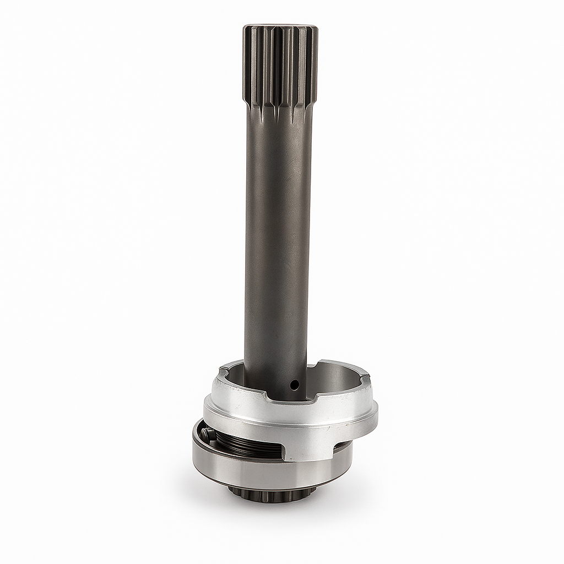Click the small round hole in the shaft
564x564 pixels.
pyautogui.click(x=295, y=382)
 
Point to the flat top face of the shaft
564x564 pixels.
pyautogui.click(x=279, y=26)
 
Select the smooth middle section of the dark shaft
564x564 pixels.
pyautogui.click(x=278, y=231)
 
